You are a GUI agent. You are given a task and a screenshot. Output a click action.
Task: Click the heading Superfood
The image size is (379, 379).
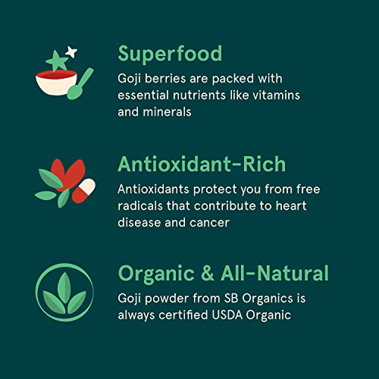click(x=170, y=53)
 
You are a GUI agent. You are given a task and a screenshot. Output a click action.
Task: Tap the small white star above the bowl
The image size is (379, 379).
click(x=72, y=52)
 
